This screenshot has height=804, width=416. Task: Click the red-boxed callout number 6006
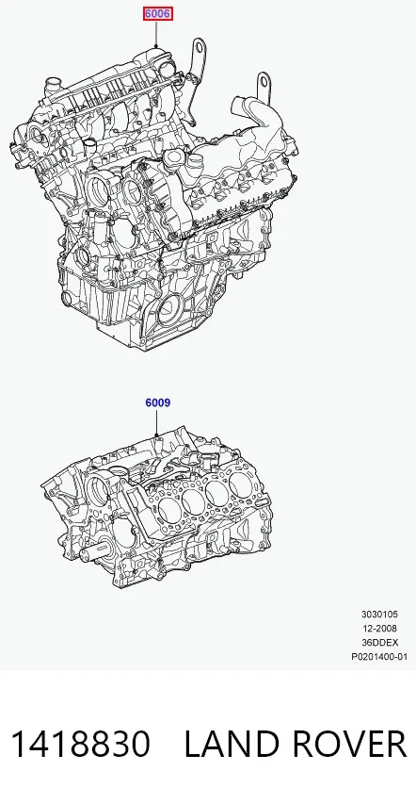point(158,14)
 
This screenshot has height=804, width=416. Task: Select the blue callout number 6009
point(158,403)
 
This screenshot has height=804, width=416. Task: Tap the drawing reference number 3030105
point(379,615)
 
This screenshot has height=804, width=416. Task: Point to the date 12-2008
point(379,628)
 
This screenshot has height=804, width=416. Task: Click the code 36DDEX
point(379,643)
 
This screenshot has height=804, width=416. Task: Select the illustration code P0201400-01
point(379,657)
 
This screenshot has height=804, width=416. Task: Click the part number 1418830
point(80,744)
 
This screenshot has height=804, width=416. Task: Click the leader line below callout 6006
point(156,34)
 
